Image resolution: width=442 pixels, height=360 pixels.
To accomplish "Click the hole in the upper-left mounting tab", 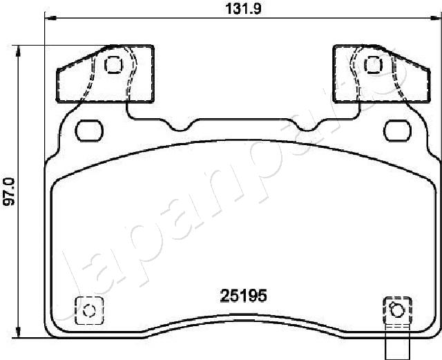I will [112, 65].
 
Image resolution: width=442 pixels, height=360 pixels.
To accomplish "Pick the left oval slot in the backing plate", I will [88, 129].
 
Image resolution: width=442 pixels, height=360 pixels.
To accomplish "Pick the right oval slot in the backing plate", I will [397, 129].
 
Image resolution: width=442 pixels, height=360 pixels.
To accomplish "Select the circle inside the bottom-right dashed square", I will [396, 309].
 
